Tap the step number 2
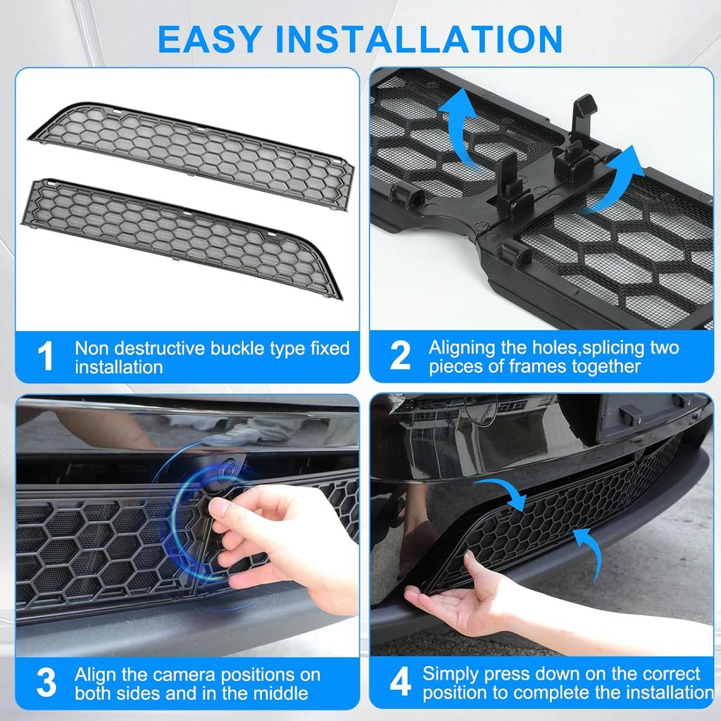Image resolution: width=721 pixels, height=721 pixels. pos(399,356)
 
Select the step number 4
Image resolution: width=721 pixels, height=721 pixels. pos(399,682)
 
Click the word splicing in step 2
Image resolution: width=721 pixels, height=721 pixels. pos(584,347)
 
